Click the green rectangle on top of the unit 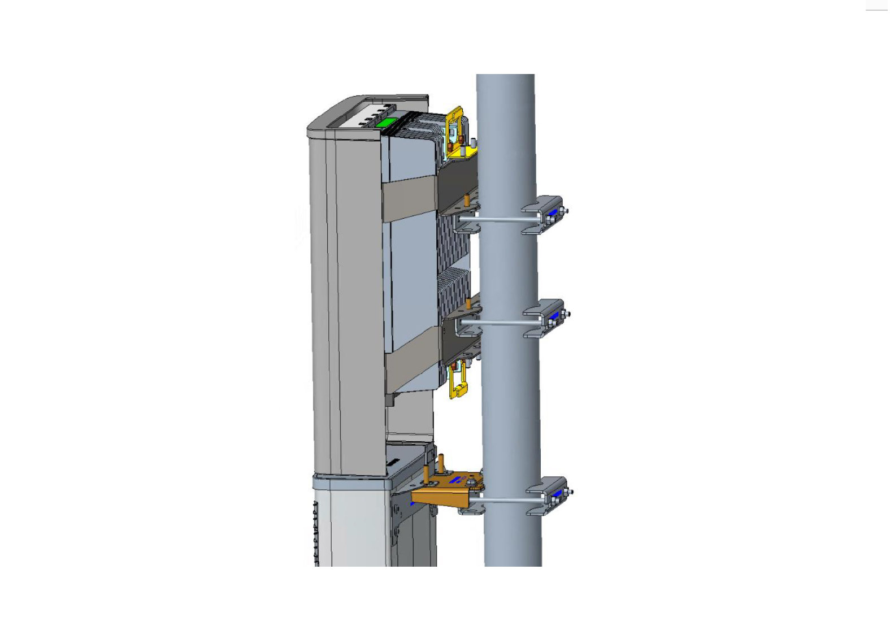(387, 123)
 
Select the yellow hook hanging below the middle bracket (458, 382)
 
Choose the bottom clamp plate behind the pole (548, 496)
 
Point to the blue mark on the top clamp (552, 212)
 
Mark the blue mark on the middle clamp (554, 315)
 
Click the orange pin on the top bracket (467, 200)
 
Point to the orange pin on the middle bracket (468, 305)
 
